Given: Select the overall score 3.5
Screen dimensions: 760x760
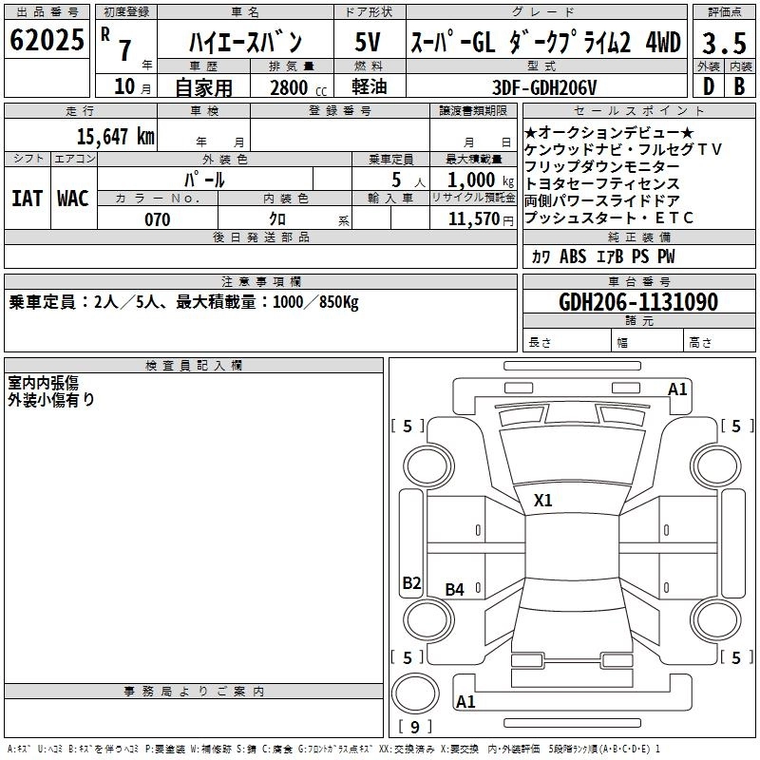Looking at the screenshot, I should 724,43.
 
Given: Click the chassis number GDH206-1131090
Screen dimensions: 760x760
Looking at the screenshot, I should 638,302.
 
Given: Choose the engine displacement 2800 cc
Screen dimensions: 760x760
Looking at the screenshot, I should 292,87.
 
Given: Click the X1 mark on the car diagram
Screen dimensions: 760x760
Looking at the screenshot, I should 542,500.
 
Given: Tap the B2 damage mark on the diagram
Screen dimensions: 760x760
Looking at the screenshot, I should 411,583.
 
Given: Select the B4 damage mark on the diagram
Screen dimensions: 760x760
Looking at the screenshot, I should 455,590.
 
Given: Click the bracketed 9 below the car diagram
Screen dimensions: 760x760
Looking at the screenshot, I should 415,728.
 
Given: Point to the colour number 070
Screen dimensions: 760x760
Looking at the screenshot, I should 157,219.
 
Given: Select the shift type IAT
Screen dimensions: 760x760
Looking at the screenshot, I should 27,199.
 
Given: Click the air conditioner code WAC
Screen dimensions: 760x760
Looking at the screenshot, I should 72,199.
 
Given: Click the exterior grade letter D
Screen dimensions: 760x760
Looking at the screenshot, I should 708,86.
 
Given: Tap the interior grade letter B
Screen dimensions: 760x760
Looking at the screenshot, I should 740,86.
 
